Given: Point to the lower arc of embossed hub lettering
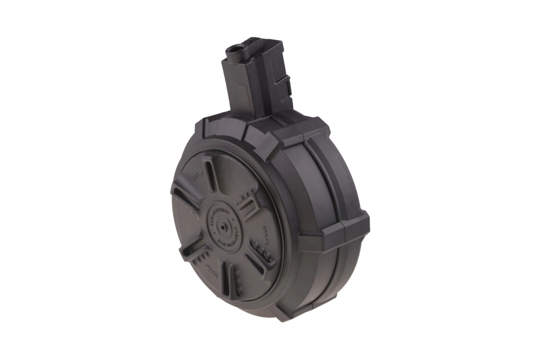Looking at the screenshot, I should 223,237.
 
